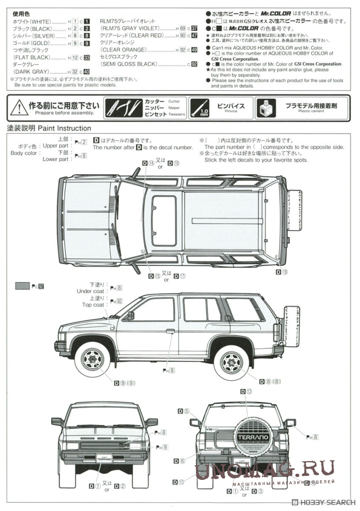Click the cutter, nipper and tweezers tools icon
(122, 107)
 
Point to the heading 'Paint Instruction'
(64, 128)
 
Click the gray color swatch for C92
(22, 286)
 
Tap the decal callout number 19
(284, 272)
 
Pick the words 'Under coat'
(90, 291)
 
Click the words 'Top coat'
(93, 305)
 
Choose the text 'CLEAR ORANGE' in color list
(123, 50)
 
